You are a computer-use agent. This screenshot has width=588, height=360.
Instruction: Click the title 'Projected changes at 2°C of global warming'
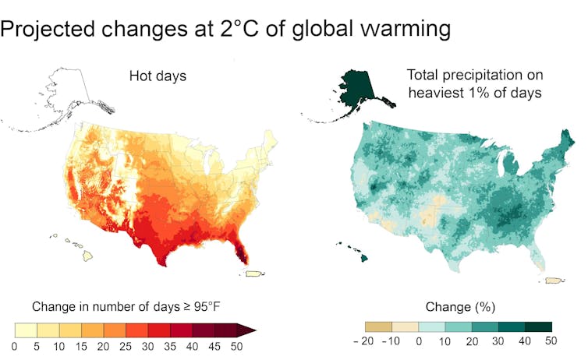coord(225,30)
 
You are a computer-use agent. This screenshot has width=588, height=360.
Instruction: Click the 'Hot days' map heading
coord(157,76)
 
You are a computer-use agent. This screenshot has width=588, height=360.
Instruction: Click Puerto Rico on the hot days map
coord(254,273)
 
